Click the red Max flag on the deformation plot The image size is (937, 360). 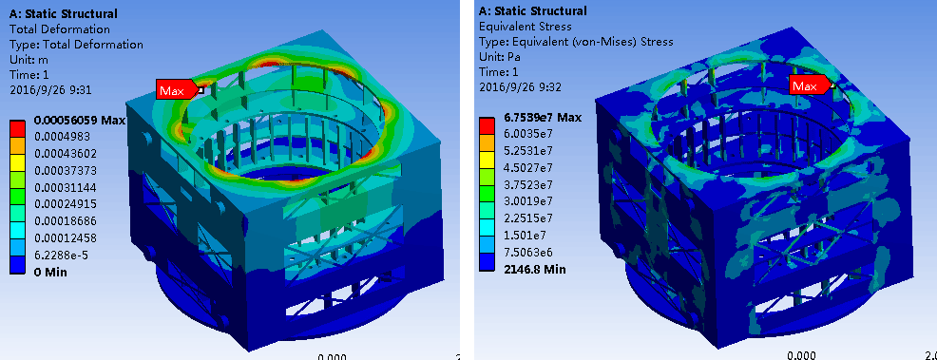(x=177, y=89)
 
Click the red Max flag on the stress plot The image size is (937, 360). (x=810, y=86)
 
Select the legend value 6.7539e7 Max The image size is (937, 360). (x=540, y=118)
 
